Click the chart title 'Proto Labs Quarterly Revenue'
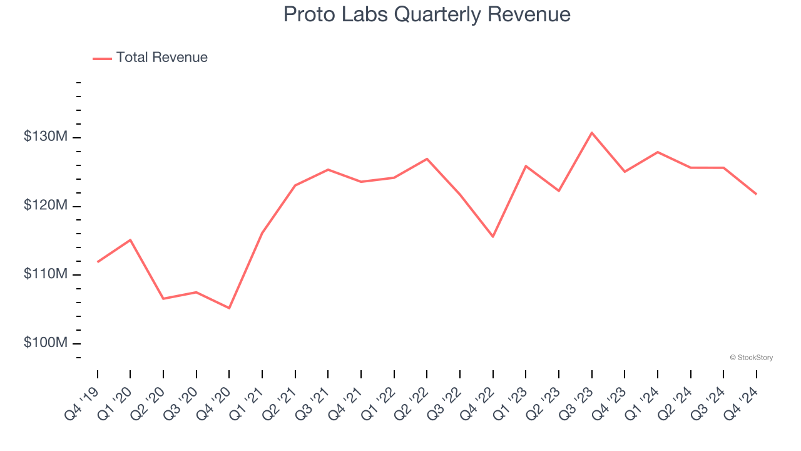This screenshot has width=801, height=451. [x=427, y=14]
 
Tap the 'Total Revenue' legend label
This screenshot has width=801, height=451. [x=161, y=58]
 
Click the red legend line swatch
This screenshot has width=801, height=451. [x=102, y=58]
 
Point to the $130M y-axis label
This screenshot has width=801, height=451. [x=45, y=137]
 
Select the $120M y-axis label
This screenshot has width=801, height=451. [x=45, y=206]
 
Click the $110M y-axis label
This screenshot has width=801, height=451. [x=45, y=274]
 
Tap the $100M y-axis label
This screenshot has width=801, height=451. [x=45, y=343]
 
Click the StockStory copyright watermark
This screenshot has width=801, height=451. [x=751, y=358]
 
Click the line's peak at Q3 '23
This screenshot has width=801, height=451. [x=591, y=132]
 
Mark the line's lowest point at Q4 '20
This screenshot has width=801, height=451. [x=229, y=308]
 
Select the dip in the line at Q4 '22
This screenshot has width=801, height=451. [x=493, y=237]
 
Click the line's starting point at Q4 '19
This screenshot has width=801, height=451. [x=98, y=262]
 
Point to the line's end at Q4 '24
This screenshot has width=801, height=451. [x=756, y=194]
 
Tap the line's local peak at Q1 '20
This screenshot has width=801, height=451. [x=130, y=240]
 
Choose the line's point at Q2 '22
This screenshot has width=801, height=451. [x=427, y=158]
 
